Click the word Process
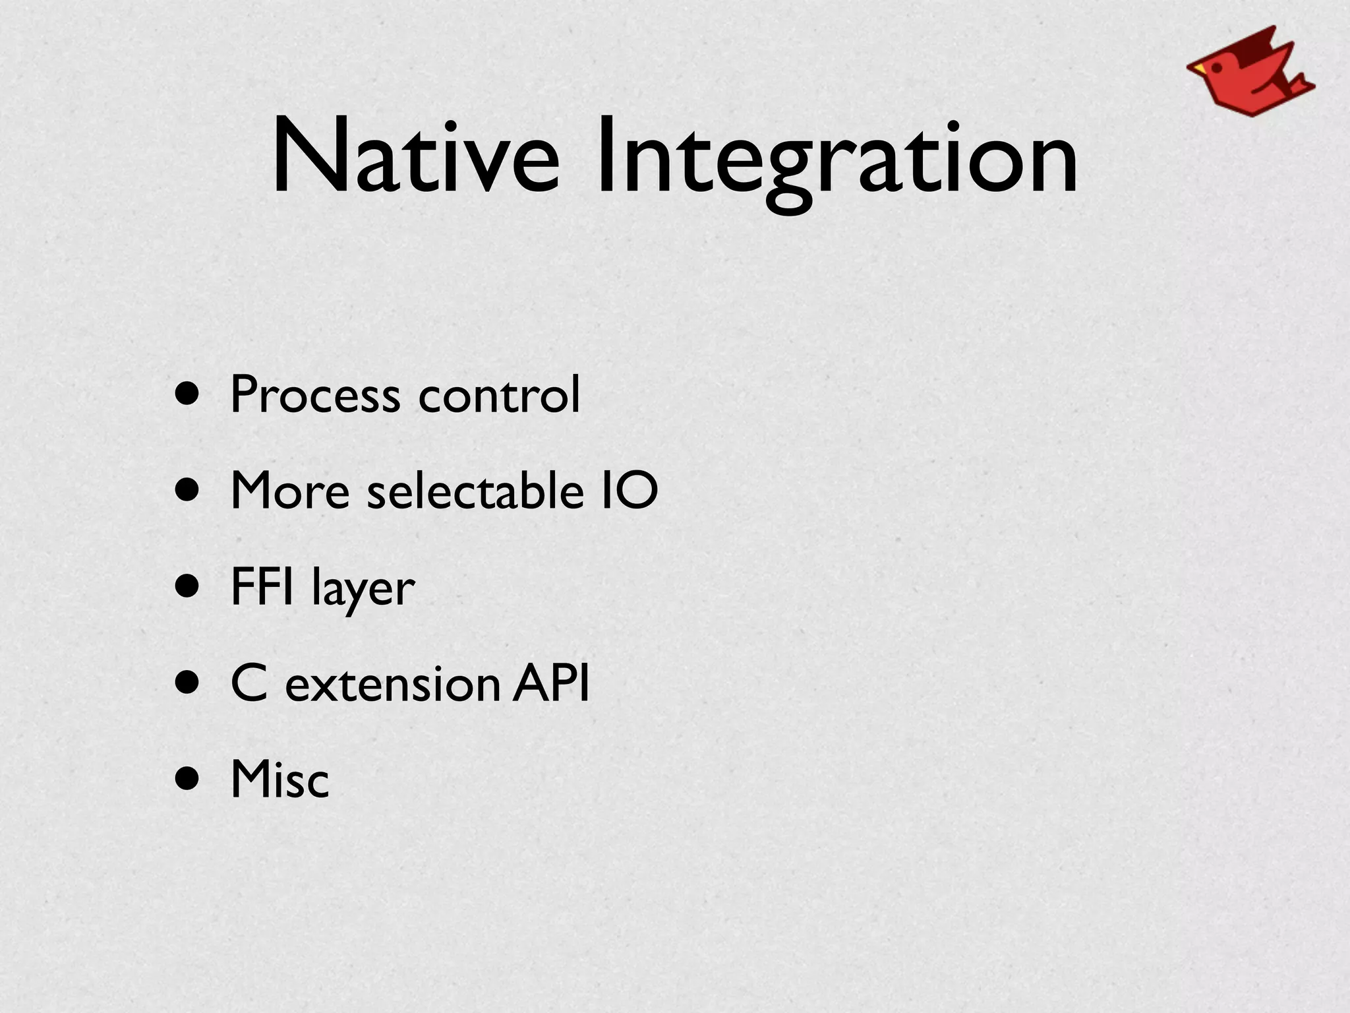point(315,394)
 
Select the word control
point(499,394)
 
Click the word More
point(290,491)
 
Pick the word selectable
point(475,491)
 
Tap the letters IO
point(630,491)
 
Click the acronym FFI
point(262,586)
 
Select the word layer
point(363,589)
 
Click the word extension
point(393,684)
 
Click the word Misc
point(279,780)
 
